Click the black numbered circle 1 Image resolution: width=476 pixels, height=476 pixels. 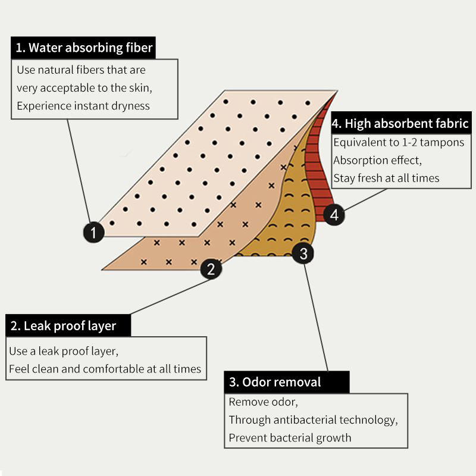point(93,232)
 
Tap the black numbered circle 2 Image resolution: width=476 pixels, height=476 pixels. point(211,269)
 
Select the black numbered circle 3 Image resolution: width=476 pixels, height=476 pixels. point(303,254)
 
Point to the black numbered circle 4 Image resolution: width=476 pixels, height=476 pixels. point(334,214)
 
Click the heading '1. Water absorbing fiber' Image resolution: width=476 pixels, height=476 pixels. point(83,48)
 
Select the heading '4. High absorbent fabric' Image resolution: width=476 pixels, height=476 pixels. point(400,124)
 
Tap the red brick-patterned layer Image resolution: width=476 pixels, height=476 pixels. point(322,178)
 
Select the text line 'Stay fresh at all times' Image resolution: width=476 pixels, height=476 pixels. point(386,178)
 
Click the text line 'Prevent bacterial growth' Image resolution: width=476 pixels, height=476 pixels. point(290,438)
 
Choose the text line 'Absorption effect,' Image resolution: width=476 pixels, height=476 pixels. point(377,161)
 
